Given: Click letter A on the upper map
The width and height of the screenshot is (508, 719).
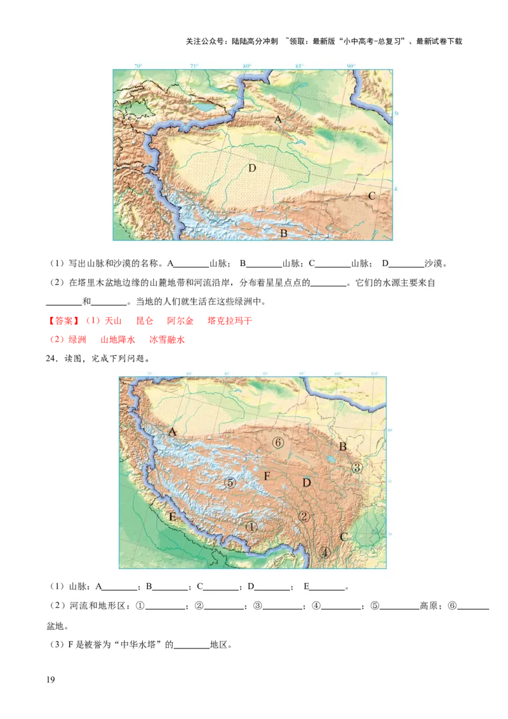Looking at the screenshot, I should click(x=278, y=119).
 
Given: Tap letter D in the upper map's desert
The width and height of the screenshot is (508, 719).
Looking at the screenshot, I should click(x=252, y=168).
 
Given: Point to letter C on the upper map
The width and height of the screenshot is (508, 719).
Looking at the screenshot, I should click(x=372, y=196).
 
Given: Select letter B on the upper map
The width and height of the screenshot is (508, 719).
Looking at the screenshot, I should click(x=284, y=233).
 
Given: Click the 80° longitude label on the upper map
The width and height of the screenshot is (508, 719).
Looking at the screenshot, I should click(x=246, y=66).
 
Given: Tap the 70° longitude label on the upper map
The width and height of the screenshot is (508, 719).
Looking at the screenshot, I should click(x=138, y=66).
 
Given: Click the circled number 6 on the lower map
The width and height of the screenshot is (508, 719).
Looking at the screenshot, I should click(x=277, y=442).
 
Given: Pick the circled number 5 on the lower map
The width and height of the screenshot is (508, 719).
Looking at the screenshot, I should click(x=231, y=483).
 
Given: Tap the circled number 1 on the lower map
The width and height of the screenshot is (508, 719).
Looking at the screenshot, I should click(x=251, y=526).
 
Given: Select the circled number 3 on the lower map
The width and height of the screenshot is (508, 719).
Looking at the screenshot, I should click(x=356, y=467).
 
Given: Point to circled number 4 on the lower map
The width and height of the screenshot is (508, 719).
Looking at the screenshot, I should click(x=325, y=552).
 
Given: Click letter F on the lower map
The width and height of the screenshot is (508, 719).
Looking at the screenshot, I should click(x=267, y=476).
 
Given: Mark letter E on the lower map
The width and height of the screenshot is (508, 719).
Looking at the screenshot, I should click(x=172, y=516).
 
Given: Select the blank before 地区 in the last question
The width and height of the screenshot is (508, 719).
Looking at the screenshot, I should click(x=192, y=645).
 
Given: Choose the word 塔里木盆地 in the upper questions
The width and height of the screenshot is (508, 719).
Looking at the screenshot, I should click(x=95, y=283).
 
